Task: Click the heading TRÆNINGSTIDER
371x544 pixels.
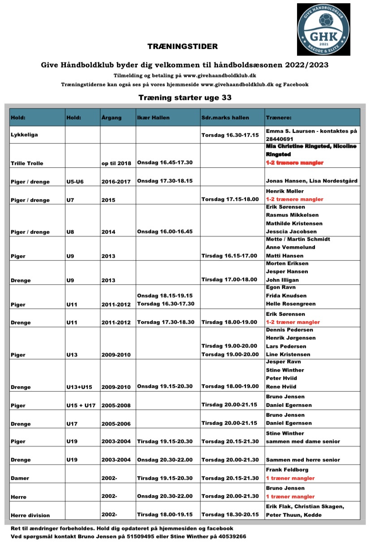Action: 182,46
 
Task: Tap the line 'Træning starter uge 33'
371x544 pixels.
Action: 185,97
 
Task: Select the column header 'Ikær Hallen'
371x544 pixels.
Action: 153,118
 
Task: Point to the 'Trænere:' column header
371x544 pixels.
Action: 279,118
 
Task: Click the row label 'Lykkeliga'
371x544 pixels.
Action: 24,135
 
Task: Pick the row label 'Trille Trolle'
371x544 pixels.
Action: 27,163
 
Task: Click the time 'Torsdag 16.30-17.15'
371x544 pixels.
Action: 230,135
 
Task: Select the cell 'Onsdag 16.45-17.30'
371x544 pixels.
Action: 165,162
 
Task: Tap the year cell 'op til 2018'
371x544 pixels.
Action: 116,163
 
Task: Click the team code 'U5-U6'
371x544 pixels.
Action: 76,182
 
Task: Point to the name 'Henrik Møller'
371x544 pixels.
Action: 285,191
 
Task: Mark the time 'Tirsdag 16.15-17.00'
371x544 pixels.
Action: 229,256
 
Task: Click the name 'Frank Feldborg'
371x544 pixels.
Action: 287,470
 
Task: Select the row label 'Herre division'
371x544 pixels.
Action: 30,515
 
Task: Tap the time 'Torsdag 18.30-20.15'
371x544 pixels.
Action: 230,515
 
